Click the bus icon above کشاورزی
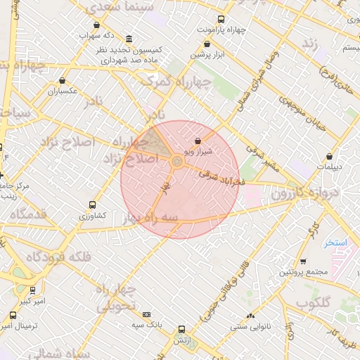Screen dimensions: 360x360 pos(92,205)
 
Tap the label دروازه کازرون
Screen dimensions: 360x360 pos(323,191)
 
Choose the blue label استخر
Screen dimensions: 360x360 pos(335,243)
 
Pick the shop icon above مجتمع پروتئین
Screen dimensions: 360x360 pos(303,262)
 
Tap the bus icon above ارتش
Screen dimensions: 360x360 pos(182,329)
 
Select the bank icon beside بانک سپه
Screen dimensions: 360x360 pos(146,314)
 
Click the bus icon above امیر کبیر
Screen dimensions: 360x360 pos(32,290)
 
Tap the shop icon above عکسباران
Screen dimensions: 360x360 pos(63,81)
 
